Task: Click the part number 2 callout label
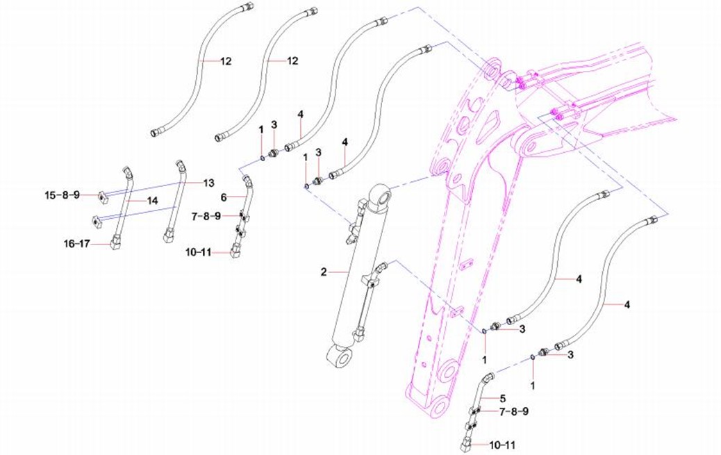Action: pyautogui.click(x=324, y=272)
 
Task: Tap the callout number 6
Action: pyautogui.click(x=224, y=197)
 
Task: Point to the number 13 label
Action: pyautogui.click(x=208, y=183)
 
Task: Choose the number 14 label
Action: pyautogui.click(x=151, y=200)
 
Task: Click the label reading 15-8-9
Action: pyautogui.click(x=63, y=195)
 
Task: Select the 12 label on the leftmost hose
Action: pyautogui.click(x=226, y=61)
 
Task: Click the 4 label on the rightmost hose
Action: pyautogui.click(x=627, y=304)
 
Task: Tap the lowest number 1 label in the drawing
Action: pyautogui.click(x=533, y=383)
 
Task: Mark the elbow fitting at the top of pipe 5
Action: pyautogui.click(x=489, y=377)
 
